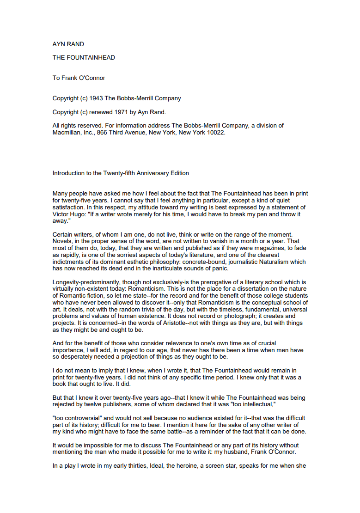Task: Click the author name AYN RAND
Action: pyautogui.click(x=68, y=44)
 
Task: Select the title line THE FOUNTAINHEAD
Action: pyautogui.click(x=84, y=58)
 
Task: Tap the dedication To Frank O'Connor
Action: pyautogui.click(x=79, y=78)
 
